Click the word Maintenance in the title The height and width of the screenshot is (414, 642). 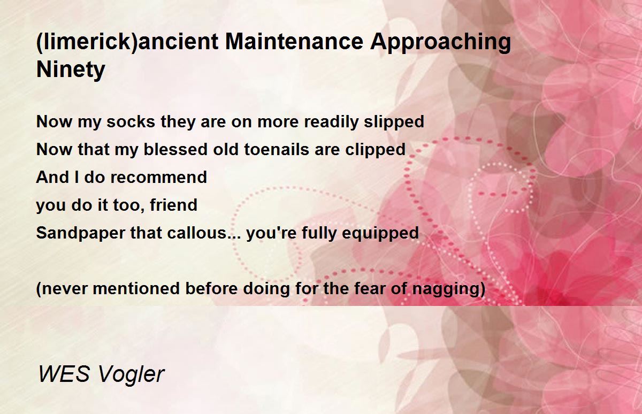point(294,42)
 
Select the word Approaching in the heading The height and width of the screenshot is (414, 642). point(440,43)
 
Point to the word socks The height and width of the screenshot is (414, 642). point(131,121)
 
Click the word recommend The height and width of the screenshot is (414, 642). point(158,177)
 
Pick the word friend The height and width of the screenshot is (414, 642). point(173,205)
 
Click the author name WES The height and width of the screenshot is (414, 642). point(64,374)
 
